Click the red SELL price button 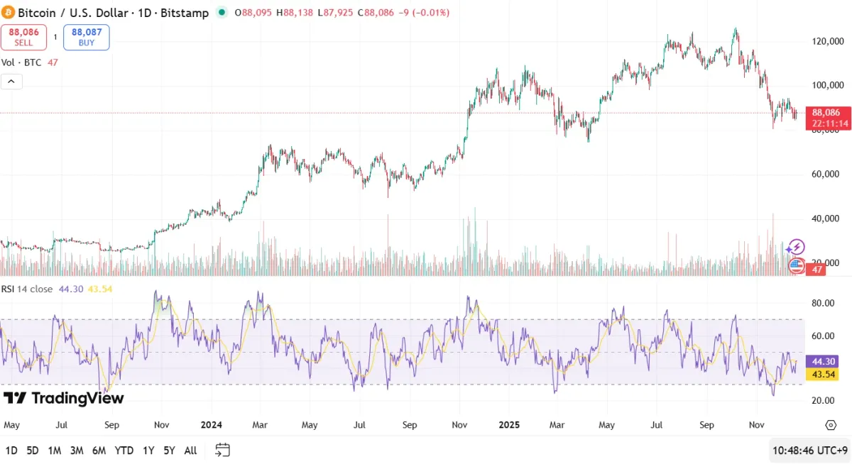coord(23,37)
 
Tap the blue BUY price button coord(86,37)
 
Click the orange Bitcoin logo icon coord(9,13)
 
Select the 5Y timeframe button coord(169,451)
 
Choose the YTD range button coord(124,451)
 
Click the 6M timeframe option coord(99,451)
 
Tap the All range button coord(190,451)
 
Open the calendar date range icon coord(222,450)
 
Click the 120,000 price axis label coord(827,42)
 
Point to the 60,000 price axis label coord(827,175)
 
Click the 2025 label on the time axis coord(509,425)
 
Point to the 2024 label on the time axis coord(212,425)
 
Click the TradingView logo coord(64,398)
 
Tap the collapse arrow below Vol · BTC coord(11,82)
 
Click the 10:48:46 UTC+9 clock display coord(809,451)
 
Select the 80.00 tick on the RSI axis coord(823,303)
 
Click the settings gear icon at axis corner coord(831,425)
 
